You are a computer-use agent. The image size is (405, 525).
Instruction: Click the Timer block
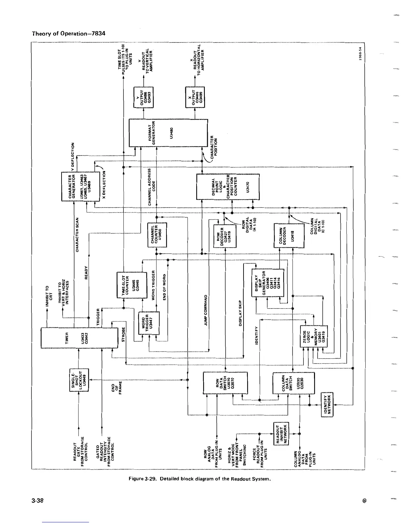pos(79,338)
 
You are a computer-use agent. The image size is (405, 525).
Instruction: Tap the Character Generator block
pos(80,186)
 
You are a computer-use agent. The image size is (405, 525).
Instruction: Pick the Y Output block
pos(143,97)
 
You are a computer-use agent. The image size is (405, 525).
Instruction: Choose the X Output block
pos(195,97)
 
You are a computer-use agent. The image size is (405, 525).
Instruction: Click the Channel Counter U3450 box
pos(157,235)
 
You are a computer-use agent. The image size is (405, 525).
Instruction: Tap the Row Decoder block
pos(225,236)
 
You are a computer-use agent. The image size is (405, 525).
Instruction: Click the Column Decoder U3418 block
pos(289,236)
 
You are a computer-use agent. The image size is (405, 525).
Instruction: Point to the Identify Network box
pos(328,405)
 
